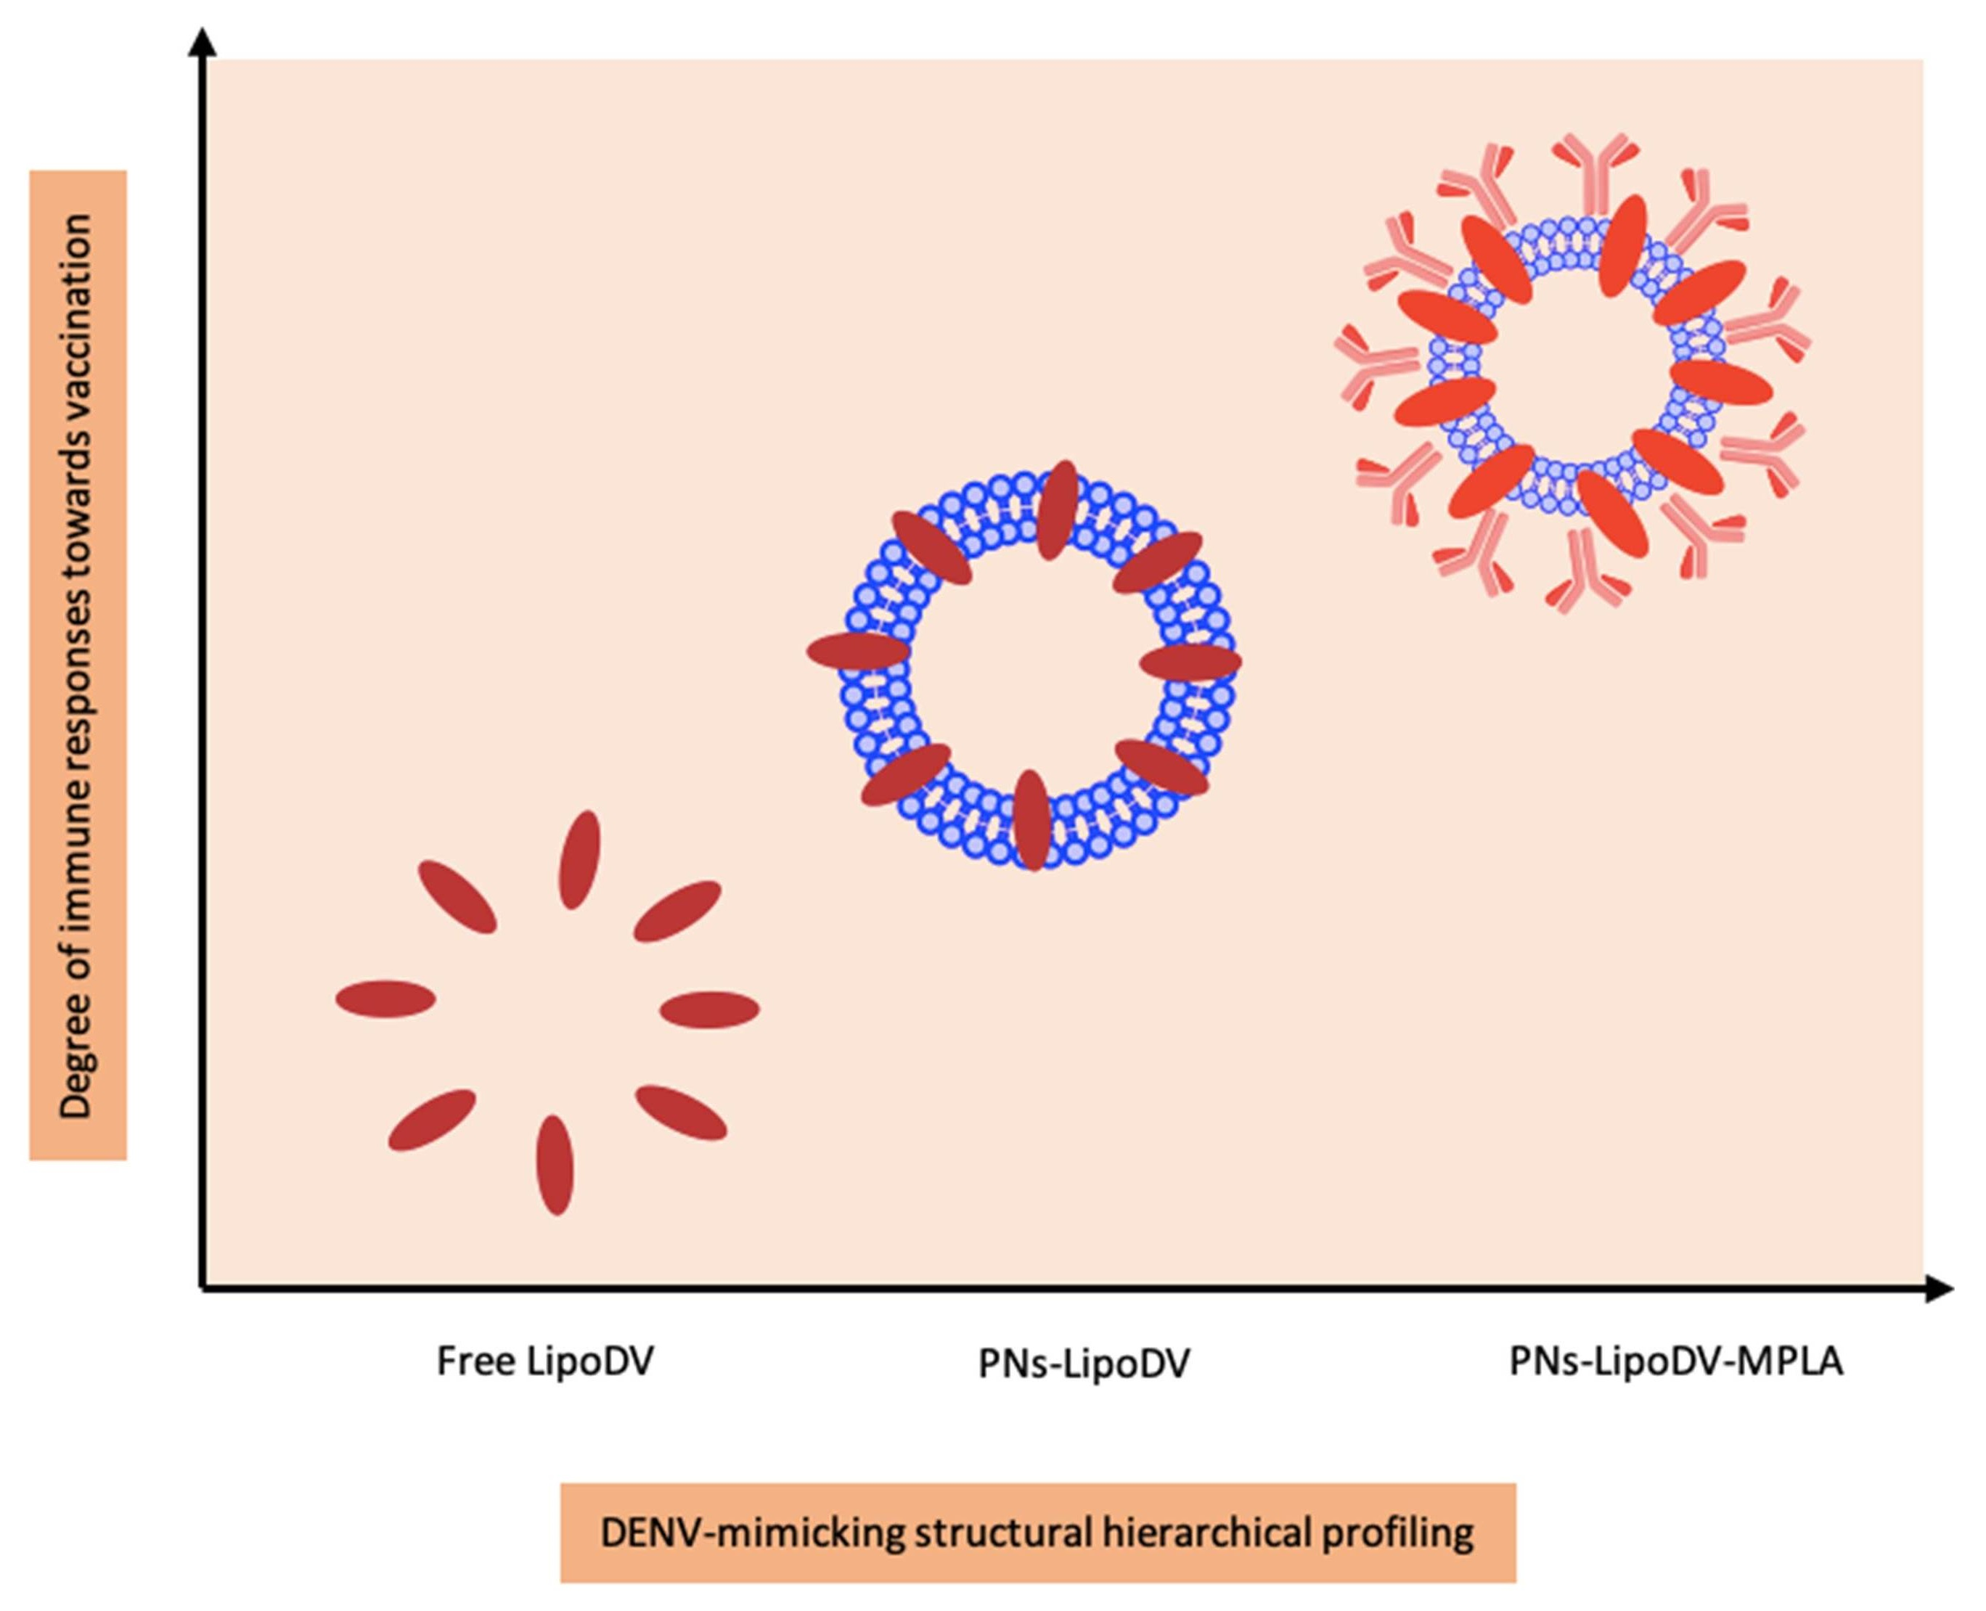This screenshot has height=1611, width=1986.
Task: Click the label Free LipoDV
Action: coord(544,1361)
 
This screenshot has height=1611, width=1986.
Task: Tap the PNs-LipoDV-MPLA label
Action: coord(1675,1361)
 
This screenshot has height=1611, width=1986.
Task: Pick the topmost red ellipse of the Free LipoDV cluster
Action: coord(579,859)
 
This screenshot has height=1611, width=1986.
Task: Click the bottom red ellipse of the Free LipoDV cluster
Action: coord(555,1165)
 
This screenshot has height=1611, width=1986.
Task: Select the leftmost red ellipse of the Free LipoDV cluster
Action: coord(385,999)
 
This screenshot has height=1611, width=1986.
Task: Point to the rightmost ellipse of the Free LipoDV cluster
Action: coord(710,1009)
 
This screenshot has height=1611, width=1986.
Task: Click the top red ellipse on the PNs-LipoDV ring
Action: coord(1057,509)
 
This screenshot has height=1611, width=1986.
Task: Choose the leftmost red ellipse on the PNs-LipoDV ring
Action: coord(857,652)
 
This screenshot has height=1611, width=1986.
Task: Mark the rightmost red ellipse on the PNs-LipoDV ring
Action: coord(1190,663)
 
